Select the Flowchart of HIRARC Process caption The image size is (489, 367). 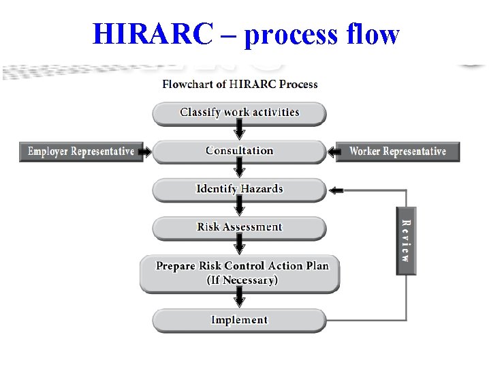click(240, 85)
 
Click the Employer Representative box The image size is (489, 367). click(80, 151)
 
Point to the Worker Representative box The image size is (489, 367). click(398, 151)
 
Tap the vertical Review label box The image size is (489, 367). click(406, 240)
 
